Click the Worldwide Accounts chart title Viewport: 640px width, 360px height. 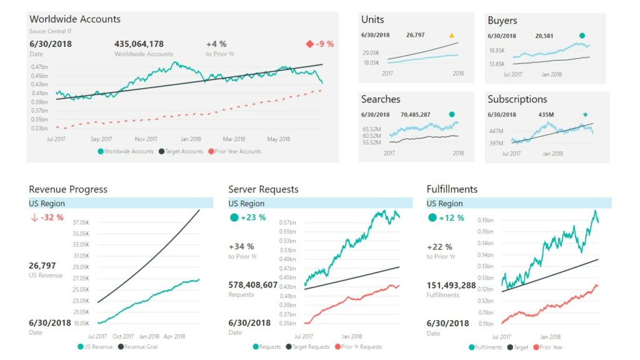click(x=75, y=19)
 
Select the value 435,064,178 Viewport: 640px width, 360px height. click(x=139, y=44)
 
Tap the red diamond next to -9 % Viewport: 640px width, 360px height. click(x=309, y=44)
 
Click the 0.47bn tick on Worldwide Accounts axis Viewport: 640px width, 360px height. click(x=39, y=67)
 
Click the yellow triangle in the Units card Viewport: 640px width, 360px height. click(x=452, y=36)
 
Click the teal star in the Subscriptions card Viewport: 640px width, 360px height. click(x=586, y=115)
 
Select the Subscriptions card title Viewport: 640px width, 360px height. click(x=517, y=99)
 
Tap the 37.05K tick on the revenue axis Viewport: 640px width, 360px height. click(x=81, y=222)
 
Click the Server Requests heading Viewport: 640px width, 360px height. click(x=263, y=189)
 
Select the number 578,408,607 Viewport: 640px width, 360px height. click(x=252, y=284)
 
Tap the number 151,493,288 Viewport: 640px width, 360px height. click(x=451, y=284)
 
